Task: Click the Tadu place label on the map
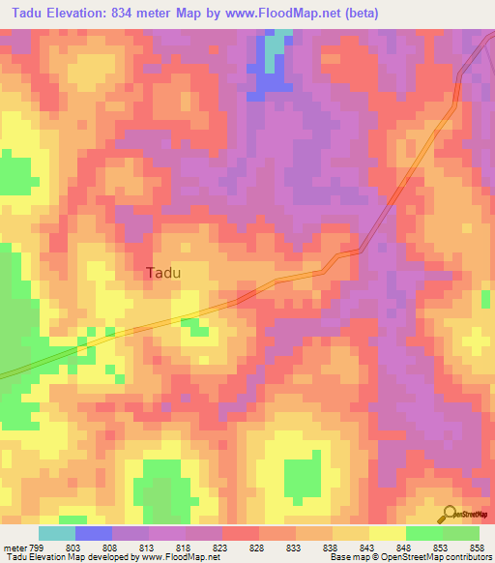click(x=163, y=273)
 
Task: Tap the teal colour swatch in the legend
click(x=57, y=533)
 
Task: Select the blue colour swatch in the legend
click(x=94, y=533)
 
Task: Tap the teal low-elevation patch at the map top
click(x=278, y=42)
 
